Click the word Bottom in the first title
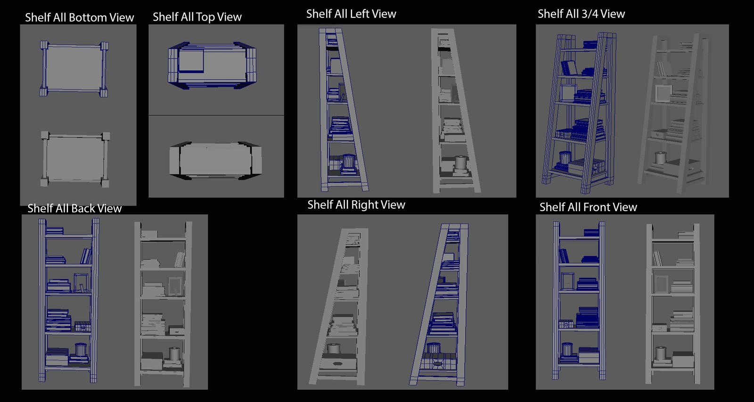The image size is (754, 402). pyautogui.click(x=87, y=17)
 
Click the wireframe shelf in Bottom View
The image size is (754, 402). pyautogui.click(x=74, y=69)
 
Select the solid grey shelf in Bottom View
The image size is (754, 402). pyautogui.click(x=75, y=159)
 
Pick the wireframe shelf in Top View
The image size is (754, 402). pyautogui.click(x=212, y=66)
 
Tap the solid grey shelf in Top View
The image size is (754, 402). pyautogui.click(x=215, y=160)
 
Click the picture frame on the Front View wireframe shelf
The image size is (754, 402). pyautogui.click(x=567, y=281)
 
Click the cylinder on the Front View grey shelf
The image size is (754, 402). pyautogui.click(x=661, y=353)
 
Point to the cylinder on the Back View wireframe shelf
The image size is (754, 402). pyautogui.click(x=81, y=350)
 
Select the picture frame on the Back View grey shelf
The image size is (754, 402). pyautogui.click(x=175, y=286)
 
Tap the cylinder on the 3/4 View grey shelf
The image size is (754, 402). pyautogui.click(x=661, y=158)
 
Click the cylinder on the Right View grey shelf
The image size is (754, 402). pyautogui.click(x=333, y=348)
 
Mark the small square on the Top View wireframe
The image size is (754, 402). pyautogui.click(x=191, y=61)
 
